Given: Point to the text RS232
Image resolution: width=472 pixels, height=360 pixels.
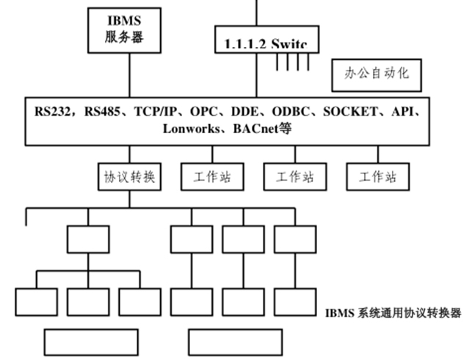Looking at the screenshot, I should [x=54, y=112].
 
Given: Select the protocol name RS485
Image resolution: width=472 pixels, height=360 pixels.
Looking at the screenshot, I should [x=105, y=112].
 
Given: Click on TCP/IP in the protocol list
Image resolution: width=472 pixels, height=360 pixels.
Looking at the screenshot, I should [x=159, y=112].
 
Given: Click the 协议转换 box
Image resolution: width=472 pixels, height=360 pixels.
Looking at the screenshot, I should [x=129, y=176].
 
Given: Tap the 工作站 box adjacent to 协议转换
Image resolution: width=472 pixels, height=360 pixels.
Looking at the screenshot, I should [x=212, y=176].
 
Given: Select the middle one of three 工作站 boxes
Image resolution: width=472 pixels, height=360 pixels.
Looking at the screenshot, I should [x=294, y=176].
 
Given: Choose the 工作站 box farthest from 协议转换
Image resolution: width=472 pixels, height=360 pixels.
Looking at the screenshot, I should [x=377, y=176].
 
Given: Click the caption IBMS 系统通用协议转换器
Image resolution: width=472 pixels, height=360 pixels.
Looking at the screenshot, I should [x=393, y=313].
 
